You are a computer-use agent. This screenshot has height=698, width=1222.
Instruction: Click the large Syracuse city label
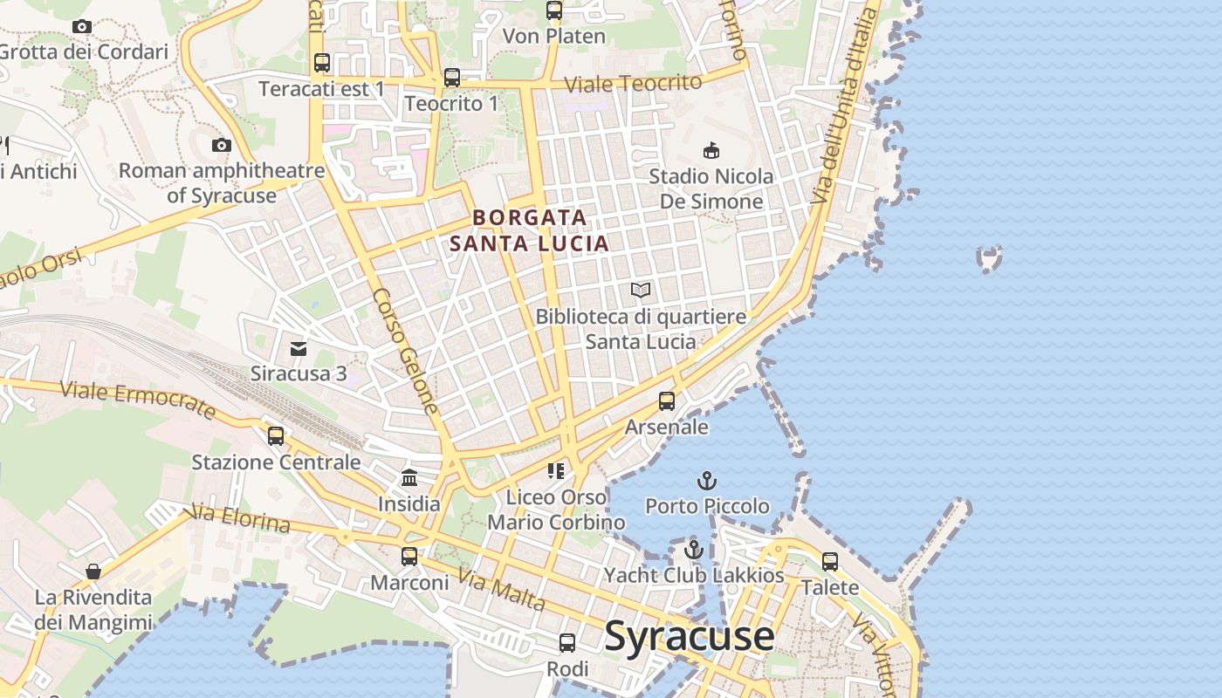689,636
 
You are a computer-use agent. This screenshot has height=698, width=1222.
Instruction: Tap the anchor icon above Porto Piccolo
707,481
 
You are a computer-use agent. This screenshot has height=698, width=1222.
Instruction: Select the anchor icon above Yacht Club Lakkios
694,550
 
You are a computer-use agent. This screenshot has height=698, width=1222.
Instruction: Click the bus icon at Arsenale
667,401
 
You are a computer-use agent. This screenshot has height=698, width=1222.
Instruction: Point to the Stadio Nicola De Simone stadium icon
711,150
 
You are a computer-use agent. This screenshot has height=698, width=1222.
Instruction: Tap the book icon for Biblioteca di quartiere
641,290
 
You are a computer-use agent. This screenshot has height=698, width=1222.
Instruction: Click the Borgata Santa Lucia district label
530,229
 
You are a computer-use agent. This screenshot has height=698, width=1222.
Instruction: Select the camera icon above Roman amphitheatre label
222,145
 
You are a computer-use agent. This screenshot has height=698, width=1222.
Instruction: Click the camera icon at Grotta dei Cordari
82,26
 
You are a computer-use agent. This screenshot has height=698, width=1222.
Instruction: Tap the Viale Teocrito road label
633,84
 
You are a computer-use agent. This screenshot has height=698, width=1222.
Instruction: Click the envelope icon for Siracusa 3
299,349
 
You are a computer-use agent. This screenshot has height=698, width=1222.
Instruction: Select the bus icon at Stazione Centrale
276,436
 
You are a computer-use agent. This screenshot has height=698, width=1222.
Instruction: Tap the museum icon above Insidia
409,477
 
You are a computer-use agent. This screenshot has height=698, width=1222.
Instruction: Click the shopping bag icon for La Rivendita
93,571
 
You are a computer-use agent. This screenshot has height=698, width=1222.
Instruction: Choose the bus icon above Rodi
567,643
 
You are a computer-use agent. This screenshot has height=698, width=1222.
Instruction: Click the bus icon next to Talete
830,562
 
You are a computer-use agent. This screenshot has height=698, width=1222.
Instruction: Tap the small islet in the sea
989,258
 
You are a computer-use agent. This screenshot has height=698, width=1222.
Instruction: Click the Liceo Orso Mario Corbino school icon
556,471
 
